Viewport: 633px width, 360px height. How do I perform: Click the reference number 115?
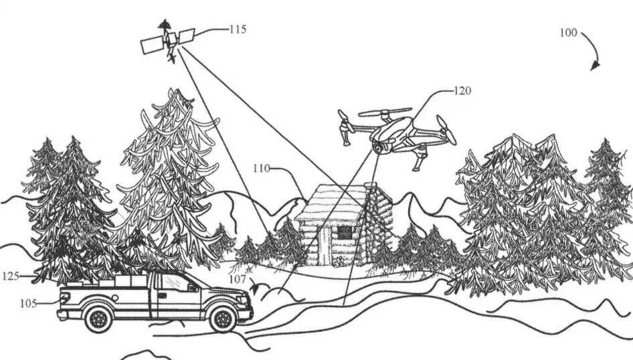click(238, 29)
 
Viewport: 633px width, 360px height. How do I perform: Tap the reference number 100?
click(568, 33)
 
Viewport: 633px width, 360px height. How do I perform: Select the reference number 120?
click(462, 91)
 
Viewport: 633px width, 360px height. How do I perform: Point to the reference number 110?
click(262, 169)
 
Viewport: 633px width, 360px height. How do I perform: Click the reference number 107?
click(238, 279)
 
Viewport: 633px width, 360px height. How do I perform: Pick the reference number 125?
click(11, 276)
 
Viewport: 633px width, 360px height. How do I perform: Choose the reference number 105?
click(28, 303)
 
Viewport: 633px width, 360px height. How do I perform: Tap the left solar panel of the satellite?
click(152, 46)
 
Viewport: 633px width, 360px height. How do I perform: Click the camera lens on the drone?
click(378, 148)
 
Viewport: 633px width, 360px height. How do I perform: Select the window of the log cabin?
click(345, 232)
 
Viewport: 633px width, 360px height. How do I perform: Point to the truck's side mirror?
click(193, 287)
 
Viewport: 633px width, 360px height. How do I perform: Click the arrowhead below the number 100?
click(595, 66)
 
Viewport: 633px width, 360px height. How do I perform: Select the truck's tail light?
click(63, 298)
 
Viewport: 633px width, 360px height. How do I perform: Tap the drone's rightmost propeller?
click(446, 130)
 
